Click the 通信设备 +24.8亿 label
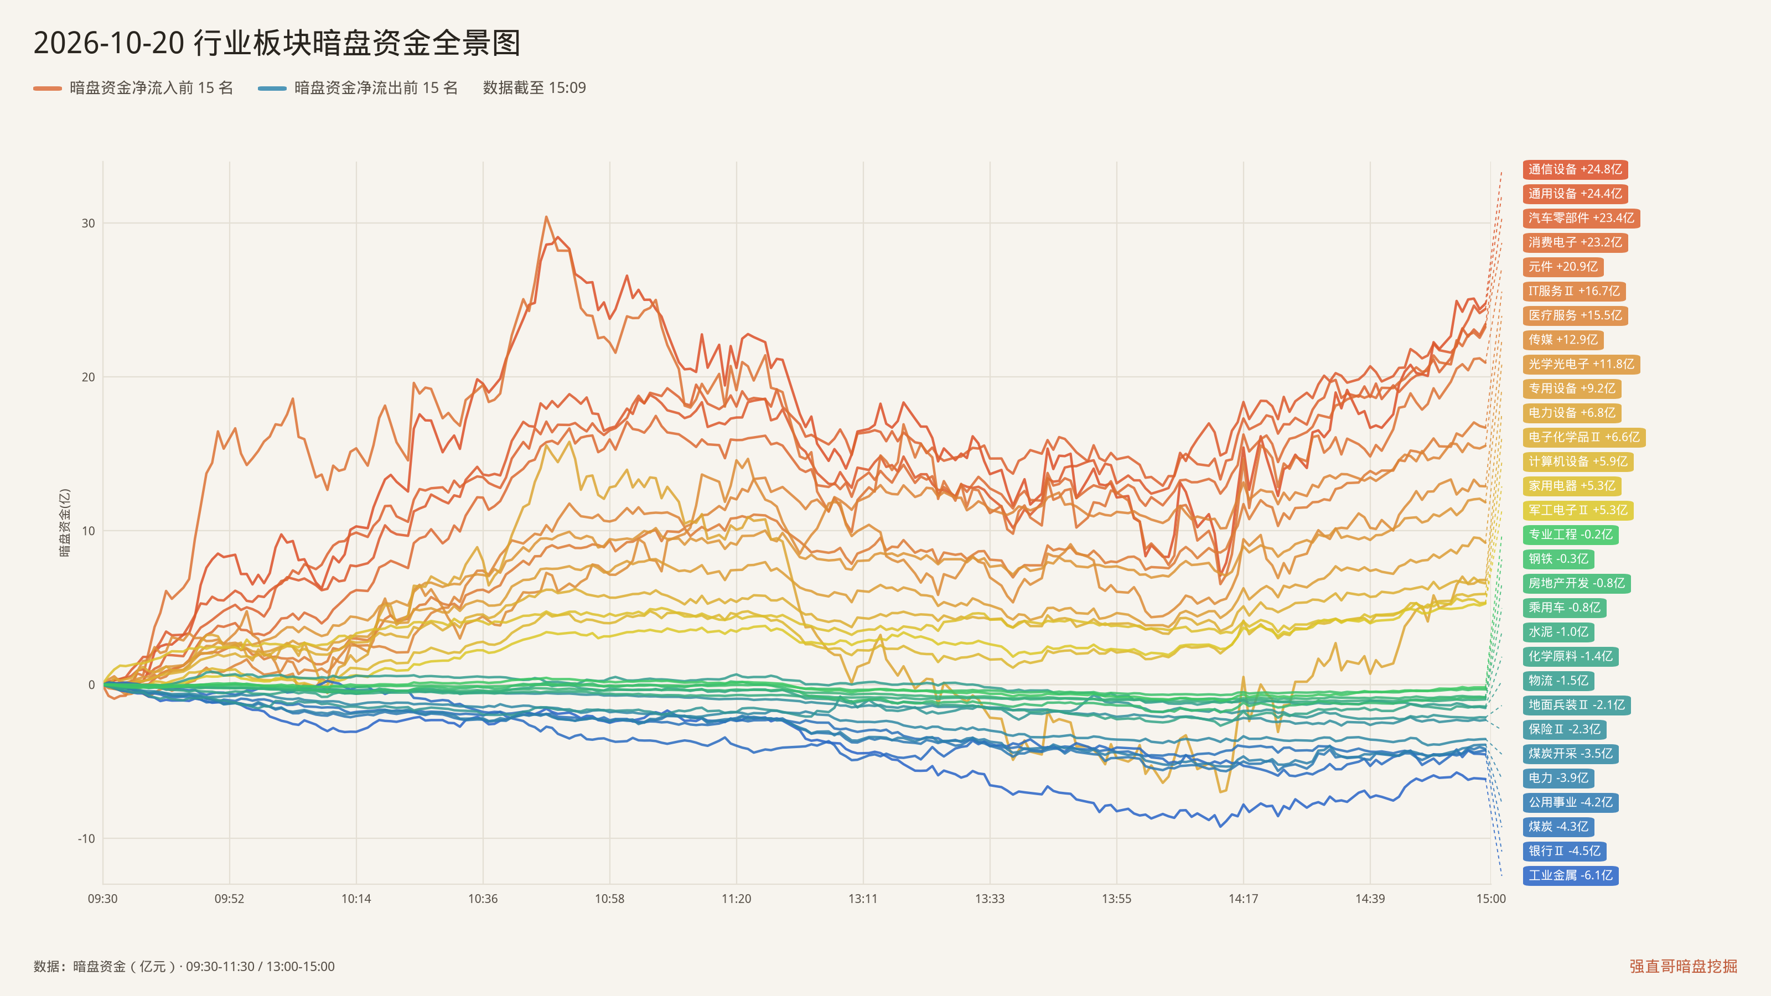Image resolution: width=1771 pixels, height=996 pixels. coord(1575,169)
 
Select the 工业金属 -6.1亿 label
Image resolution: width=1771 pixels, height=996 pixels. coord(1570,875)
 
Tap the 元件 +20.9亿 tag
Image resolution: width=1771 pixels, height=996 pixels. coord(1563,267)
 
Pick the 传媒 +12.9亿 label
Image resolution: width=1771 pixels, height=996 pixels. coord(1563,340)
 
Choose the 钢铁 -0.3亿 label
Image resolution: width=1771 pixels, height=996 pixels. coord(1558,559)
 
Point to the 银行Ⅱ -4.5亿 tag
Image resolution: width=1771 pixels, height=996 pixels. coord(1565,851)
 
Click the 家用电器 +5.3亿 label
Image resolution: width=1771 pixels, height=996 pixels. coord(1572,486)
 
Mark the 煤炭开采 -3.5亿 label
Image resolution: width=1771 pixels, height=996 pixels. coord(1570,753)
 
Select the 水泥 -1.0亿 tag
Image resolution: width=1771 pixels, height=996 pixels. coord(1558,632)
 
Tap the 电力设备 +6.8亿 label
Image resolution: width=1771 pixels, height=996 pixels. coord(1572,412)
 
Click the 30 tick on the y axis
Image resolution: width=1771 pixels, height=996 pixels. coord(88,224)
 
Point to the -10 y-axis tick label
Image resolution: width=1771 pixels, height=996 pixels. coord(86,839)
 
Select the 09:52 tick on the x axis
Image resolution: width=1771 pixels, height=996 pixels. coord(230,899)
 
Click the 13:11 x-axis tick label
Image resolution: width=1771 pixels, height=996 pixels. coord(863,899)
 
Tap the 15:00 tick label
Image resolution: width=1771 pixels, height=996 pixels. coord(1491,899)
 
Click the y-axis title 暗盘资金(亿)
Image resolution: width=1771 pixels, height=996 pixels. coord(65,523)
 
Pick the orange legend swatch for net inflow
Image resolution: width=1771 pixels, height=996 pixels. coord(48,88)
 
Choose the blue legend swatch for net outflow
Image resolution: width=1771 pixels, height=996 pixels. coord(272,88)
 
